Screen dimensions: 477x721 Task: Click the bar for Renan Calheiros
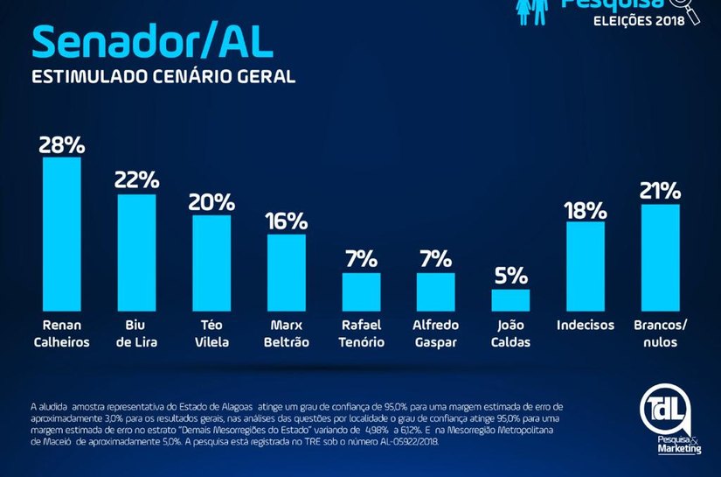pyautogui.click(x=62, y=235)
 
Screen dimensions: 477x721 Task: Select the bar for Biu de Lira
pyautogui.click(x=136, y=253)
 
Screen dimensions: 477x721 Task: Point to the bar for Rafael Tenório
pyautogui.click(x=361, y=292)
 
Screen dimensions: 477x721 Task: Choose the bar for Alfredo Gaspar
pyautogui.click(x=435, y=292)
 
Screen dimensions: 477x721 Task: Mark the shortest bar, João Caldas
pyautogui.click(x=510, y=300)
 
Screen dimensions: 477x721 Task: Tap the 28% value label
pyautogui.click(x=61, y=144)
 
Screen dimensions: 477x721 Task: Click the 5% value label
pyautogui.click(x=510, y=276)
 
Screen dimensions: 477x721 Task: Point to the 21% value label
pyautogui.click(x=660, y=191)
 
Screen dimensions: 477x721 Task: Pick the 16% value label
pyautogui.click(x=287, y=221)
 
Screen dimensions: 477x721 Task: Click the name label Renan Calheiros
pyautogui.click(x=61, y=333)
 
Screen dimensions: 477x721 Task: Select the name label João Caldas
pyautogui.click(x=510, y=333)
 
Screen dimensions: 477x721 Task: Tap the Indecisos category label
pyautogui.click(x=585, y=326)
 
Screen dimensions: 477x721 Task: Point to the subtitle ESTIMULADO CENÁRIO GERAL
pyautogui.click(x=163, y=77)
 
